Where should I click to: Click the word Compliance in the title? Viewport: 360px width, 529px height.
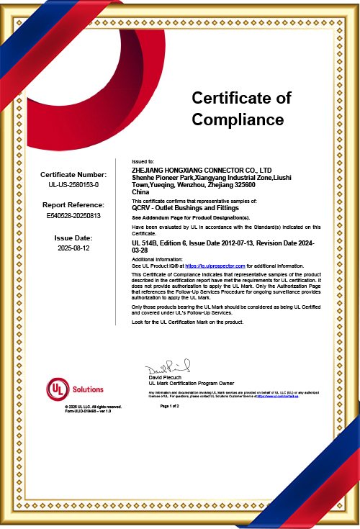[238, 119]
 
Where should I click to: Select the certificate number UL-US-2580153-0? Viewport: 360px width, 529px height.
[73, 185]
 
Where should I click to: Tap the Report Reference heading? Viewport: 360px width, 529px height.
[73, 204]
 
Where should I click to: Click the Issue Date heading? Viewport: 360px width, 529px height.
[73, 237]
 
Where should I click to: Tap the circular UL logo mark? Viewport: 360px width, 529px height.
[58, 389]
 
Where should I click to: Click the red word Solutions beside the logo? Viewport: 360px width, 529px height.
[88, 389]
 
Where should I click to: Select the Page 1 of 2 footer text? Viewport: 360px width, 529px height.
[169, 407]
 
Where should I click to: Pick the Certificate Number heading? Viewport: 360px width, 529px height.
[73, 175]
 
